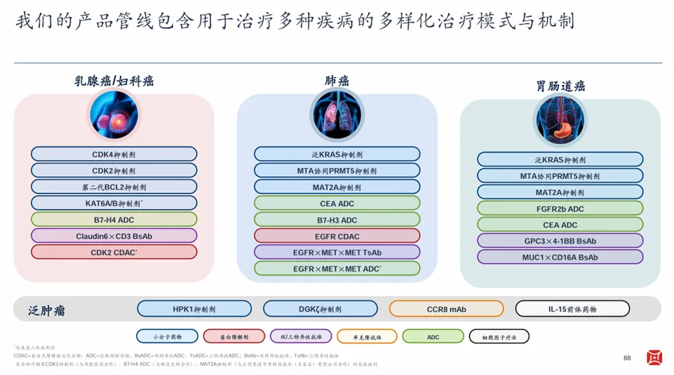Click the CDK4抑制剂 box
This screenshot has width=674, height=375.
point(114,154)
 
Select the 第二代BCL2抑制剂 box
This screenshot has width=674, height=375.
point(114,187)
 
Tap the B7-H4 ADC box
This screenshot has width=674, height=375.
point(114,220)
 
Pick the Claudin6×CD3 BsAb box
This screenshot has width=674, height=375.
point(114,236)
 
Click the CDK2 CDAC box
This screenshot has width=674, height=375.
point(114,252)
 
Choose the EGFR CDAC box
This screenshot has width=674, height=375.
point(337,236)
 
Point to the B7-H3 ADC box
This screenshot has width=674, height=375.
point(337,220)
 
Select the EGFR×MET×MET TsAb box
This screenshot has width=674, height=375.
point(337,252)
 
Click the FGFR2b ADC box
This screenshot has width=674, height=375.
point(560,208)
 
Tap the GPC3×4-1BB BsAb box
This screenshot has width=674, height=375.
point(560,241)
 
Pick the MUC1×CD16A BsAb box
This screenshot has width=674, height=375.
point(560,257)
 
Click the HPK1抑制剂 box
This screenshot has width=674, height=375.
point(194,309)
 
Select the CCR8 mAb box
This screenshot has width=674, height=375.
point(446,309)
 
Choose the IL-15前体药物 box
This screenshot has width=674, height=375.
point(572,309)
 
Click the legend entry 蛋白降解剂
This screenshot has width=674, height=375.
point(234,337)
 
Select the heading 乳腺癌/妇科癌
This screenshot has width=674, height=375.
point(114,81)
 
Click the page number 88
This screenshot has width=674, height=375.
point(628,358)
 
